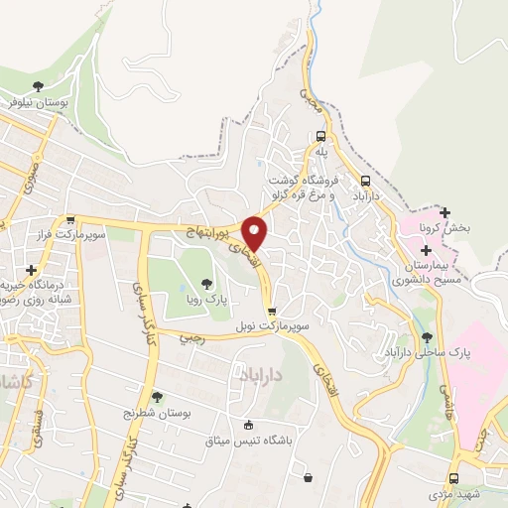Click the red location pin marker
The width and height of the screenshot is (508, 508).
coord(256,233)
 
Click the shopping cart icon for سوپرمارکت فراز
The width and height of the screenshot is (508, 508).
coord(69,221)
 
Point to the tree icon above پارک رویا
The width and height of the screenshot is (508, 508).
coord(206,284)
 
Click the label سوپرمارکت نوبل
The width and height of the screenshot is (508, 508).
coord(273,325)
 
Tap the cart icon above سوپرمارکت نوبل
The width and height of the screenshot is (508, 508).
coord(272,312)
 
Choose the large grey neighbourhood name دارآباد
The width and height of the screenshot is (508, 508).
coord(265,373)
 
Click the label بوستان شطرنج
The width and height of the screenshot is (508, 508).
coord(156,412)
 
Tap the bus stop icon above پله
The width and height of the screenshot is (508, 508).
coord(320,137)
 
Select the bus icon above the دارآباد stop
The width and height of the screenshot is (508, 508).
coord(367,182)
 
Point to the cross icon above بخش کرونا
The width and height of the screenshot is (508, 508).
coord(444,212)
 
